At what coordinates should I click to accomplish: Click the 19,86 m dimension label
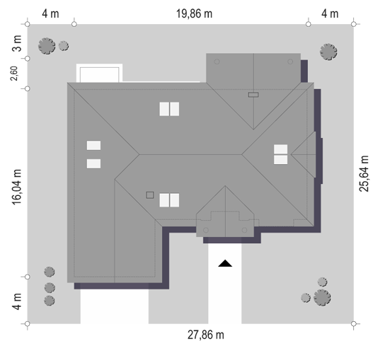[194, 13]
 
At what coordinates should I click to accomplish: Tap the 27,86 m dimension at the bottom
[206, 335]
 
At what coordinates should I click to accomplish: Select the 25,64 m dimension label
[364, 173]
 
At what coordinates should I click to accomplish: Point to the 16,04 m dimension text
[16, 187]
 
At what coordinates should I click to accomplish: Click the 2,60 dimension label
[14, 74]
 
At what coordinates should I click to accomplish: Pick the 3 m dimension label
[17, 43]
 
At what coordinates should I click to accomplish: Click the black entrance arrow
[225, 263]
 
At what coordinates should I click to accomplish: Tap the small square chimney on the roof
[150, 195]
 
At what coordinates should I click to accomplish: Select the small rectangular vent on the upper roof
[253, 95]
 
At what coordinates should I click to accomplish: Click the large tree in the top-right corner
[328, 52]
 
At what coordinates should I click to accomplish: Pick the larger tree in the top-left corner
[47, 46]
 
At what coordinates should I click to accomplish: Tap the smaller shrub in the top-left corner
[64, 46]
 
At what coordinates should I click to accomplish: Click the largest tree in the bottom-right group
[322, 298]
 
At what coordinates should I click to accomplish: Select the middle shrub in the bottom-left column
[50, 288]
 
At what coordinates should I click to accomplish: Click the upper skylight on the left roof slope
[93, 145]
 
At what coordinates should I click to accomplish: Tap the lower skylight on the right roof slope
[281, 160]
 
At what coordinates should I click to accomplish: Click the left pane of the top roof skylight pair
[164, 109]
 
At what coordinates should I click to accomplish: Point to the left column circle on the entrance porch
[206, 230]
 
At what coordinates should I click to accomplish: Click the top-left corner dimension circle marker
[28, 24]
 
